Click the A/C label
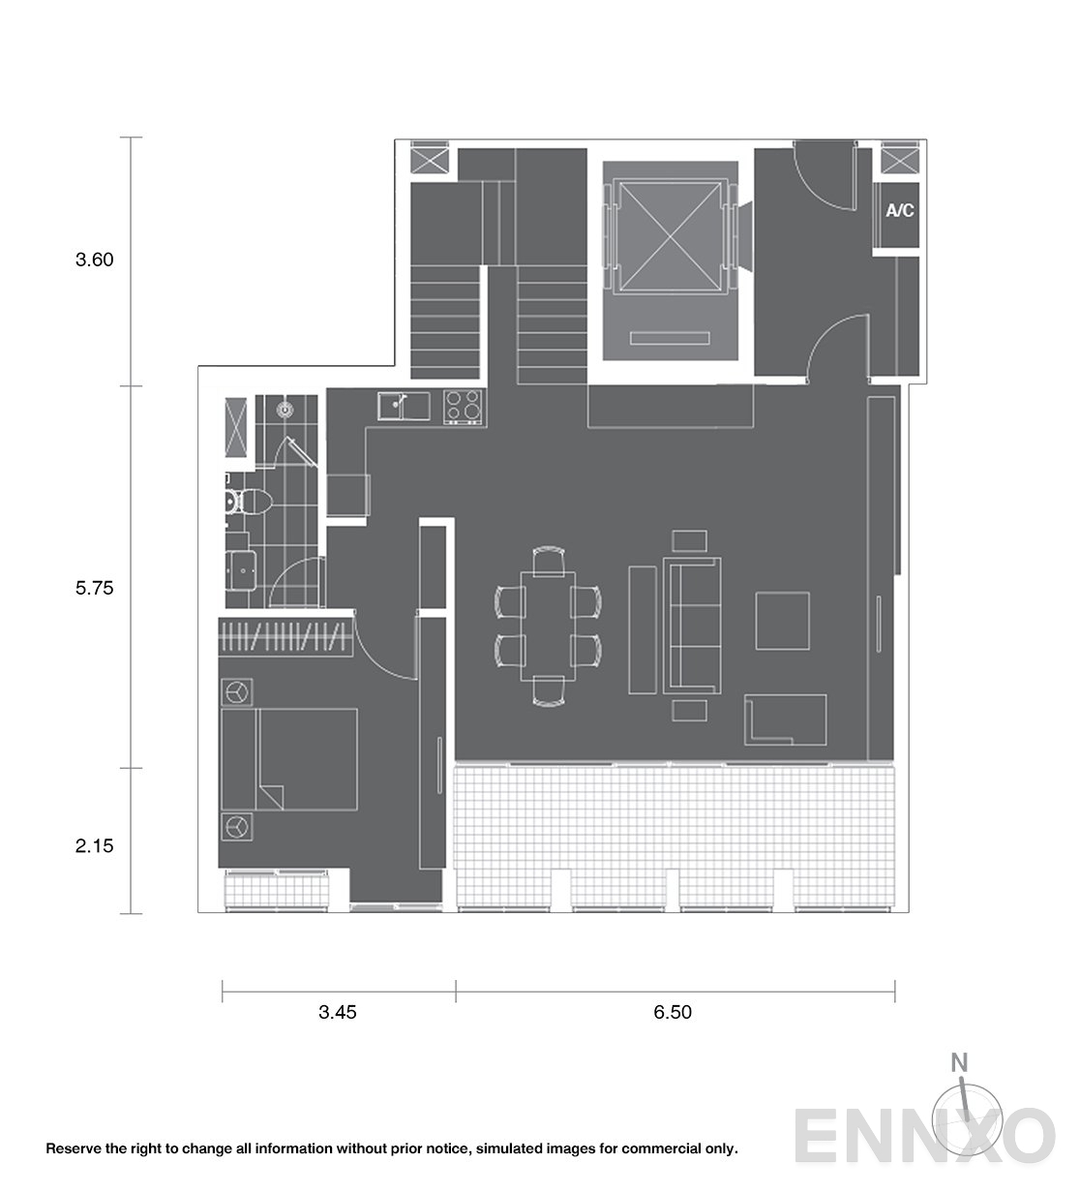click(x=899, y=210)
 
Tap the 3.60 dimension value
click(x=94, y=260)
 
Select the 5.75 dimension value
click(x=94, y=588)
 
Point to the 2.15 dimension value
click(x=94, y=845)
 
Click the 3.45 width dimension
click(x=337, y=1012)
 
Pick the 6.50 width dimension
click(x=673, y=1012)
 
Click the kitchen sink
click(x=404, y=406)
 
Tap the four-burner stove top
click(x=463, y=407)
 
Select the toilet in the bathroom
click(x=250, y=502)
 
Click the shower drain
click(x=286, y=410)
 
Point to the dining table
click(x=548, y=626)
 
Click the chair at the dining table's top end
click(x=549, y=561)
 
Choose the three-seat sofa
click(x=693, y=626)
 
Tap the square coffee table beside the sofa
click(x=782, y=621)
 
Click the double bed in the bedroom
click(x=289, y=759)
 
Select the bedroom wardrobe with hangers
click(x=285, y=637)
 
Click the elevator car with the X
click(x=670, y=236)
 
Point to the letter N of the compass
click(x=959, y=1062)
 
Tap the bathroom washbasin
click(x=241, y=570)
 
